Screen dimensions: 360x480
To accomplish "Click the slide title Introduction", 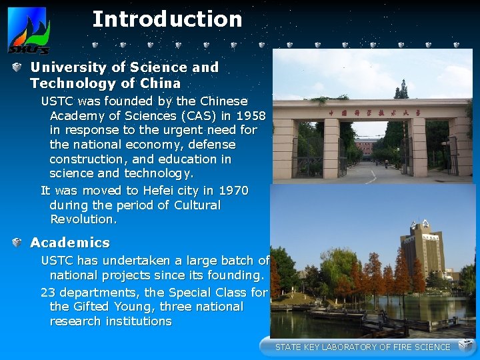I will pos(167,19).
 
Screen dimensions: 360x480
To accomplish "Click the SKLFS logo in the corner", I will pos(28,31).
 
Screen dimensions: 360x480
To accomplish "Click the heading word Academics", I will pos(70,243).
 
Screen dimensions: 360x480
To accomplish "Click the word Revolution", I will pos(83,219).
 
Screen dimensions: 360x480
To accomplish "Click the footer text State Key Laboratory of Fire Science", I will pos(363,347).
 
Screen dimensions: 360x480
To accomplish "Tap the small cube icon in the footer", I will pos(465,345).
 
